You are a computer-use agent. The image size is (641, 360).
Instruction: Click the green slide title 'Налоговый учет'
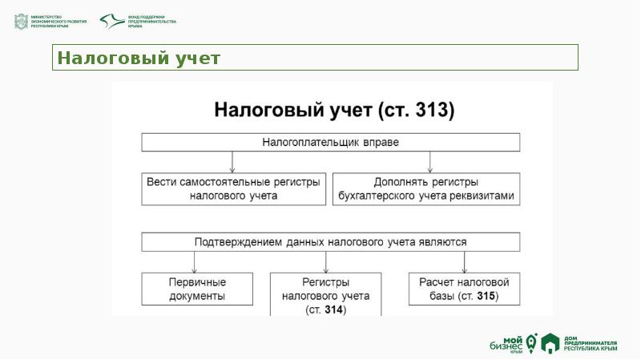coord(139,58)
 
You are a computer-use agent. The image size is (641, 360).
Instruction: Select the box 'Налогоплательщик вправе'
coord(331,143)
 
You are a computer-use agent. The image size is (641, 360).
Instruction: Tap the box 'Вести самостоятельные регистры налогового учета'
coord(234,188)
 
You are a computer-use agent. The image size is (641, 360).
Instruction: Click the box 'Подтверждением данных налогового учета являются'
coord(331,241)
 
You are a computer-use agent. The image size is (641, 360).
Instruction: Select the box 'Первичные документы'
coord(197,289)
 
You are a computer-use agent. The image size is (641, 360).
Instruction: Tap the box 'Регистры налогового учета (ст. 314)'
coord(326,295)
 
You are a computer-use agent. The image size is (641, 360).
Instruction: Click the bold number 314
coord(335,309)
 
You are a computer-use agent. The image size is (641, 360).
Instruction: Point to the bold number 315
coord(484,297)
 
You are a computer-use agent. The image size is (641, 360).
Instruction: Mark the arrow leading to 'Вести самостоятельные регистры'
coord(232,162)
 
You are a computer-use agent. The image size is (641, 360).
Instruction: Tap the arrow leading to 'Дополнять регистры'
coord(430,162)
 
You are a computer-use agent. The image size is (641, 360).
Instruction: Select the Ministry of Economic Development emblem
coord(21,22)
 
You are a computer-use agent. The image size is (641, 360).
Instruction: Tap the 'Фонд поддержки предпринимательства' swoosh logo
coord(111,22)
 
